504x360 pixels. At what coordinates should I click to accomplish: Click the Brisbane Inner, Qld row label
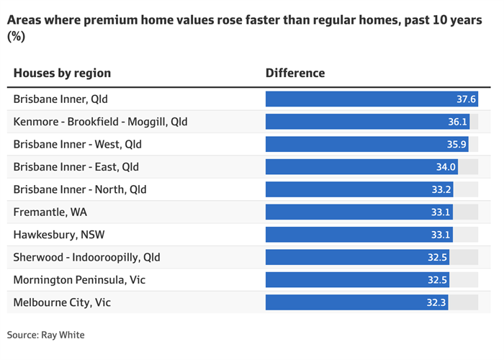pyautogui.click(x=60, y=99)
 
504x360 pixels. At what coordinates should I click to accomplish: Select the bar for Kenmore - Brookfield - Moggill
pyautogui.click(x=367, y=122)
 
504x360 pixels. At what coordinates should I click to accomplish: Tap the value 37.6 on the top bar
pyautogui.click(x=466, y=99)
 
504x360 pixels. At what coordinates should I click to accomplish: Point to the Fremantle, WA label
pyautogui.click(x=50, y=212)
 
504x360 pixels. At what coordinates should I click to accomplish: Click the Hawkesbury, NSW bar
pyautogui.click(x=359, y=235)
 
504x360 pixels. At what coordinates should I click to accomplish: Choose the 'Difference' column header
pyautogui.click(x=295, y=73)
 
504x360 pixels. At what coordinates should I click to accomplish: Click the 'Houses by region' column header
pyautogui.click(x=62, y=73)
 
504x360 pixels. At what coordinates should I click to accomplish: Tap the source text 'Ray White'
pyautogui.click(x=63, y=335)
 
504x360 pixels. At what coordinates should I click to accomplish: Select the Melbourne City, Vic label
pyautogui.click(x=62, y=302)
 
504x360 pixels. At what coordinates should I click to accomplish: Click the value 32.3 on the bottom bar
pyautogui.click(x=436, y=302)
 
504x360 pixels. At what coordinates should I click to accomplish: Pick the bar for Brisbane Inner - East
pyautogui.click(x=361, y=167)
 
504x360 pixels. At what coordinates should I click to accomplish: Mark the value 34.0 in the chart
pyautogui.click(x=446, y=167)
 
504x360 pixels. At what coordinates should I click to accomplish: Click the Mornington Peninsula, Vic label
pyautogui.click(x=79, y=280)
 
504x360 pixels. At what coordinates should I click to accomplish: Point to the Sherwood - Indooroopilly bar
pyautogui.click(x=357, y=257)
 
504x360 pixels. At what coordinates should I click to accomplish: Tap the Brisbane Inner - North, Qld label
pyautogui.click(x=80, y=189)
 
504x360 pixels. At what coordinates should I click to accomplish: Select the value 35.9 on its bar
pyautogui.click(x=456, y=144)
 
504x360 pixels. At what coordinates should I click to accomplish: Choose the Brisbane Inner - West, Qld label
pyautogui.click(x=78, y=144)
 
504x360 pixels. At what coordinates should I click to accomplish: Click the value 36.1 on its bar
pyautogui.click(x=457, y=122)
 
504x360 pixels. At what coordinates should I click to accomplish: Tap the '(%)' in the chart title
pyautogui.click(x=16, y=37)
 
